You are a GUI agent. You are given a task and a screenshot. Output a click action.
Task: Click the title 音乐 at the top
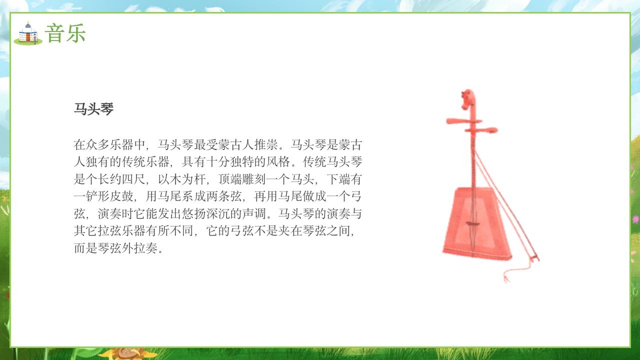click(65, 33)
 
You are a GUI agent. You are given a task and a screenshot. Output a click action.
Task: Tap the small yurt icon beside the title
click(28, 33)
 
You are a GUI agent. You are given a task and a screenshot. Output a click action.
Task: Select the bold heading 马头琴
click(94, 109)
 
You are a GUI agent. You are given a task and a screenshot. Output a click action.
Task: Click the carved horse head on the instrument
click(468, 99)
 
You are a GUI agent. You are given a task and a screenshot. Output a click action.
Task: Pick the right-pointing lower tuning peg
click(487, 130)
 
